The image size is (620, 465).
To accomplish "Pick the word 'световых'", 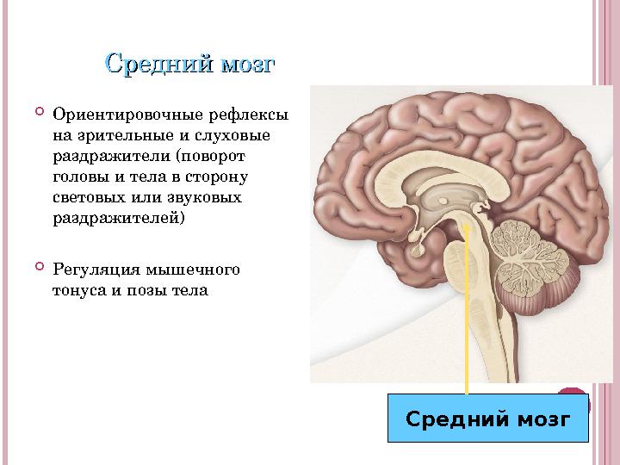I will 87,197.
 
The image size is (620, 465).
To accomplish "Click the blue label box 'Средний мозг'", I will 487,419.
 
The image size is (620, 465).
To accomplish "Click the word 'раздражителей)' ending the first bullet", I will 119,218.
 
